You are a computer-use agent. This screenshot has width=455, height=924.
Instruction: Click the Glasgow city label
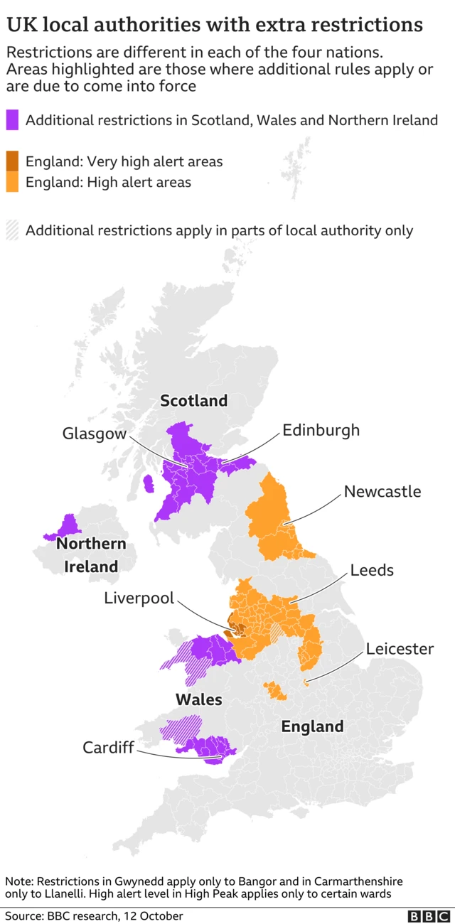[94, 434]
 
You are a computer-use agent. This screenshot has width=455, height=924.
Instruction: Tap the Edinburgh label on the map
[321, 430]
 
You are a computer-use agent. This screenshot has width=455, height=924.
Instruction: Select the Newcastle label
[382, 491]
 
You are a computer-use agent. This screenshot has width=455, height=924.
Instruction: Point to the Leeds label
[371, 570]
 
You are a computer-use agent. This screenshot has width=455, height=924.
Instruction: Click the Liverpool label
[139, 598]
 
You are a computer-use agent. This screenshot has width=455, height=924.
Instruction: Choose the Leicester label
[400, 648]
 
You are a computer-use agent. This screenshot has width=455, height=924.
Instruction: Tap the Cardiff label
[108, 747]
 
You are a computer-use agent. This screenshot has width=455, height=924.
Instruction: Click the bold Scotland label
[193, 401]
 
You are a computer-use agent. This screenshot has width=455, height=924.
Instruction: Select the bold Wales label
[198, 699]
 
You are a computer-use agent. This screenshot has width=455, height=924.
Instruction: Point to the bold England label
[312, 726]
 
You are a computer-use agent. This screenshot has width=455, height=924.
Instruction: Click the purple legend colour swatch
[13, 120]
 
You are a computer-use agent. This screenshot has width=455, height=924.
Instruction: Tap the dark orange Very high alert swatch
[13, 161]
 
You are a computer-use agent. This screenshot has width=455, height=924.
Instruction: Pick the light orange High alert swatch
[13, 182]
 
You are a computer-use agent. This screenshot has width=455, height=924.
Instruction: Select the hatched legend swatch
[13, 230]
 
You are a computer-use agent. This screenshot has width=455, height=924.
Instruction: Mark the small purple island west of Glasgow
[149, 484]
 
